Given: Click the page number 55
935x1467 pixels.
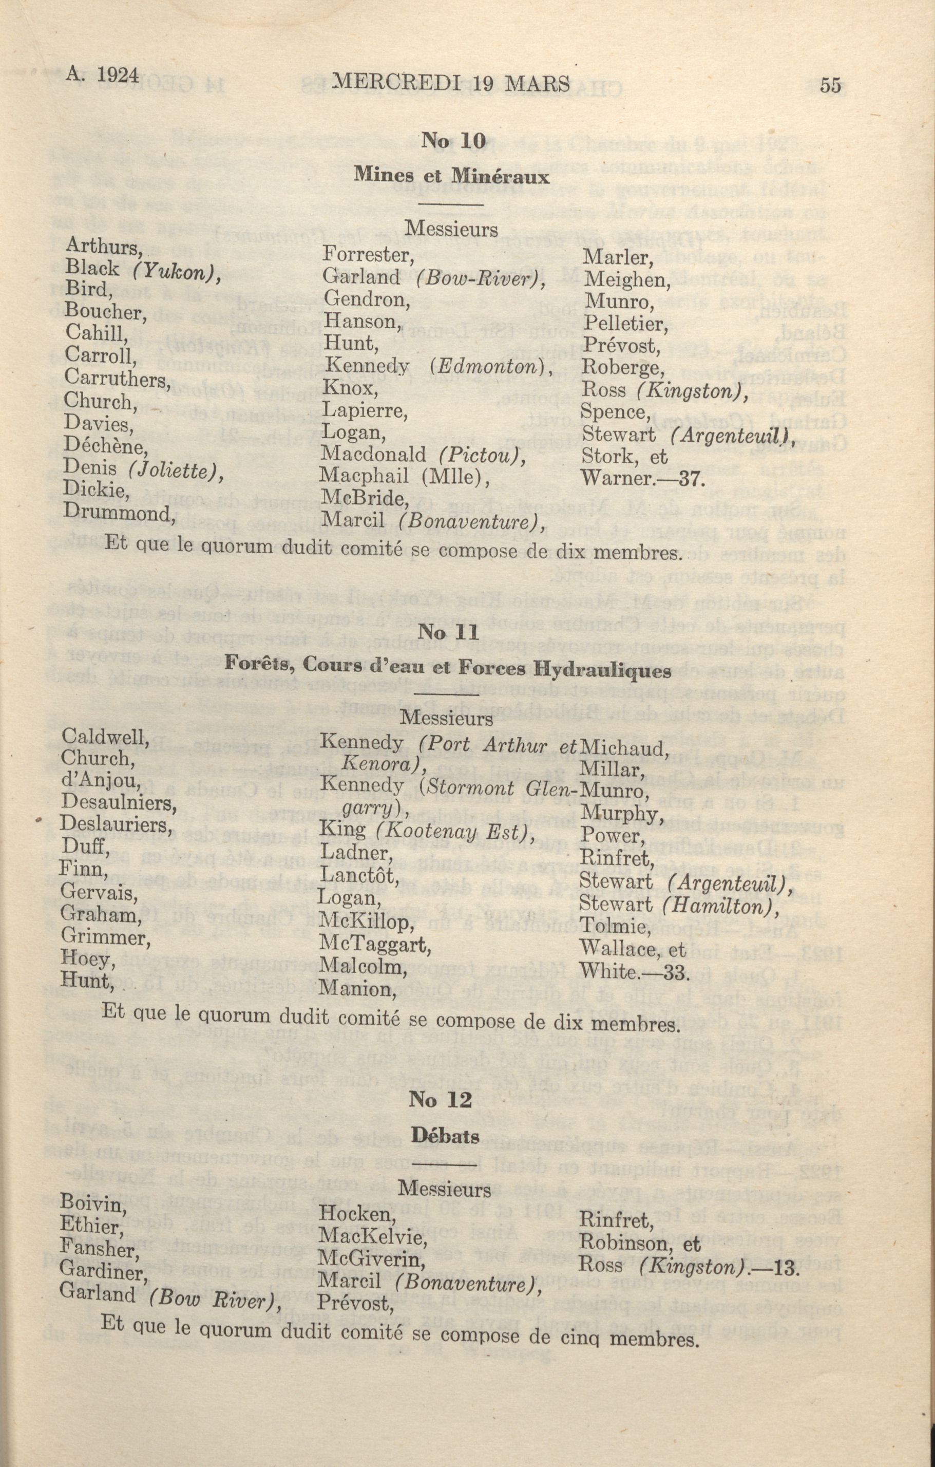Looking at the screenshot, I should click(831, 85).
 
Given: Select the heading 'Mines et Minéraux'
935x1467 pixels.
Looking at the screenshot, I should click(452, 176).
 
